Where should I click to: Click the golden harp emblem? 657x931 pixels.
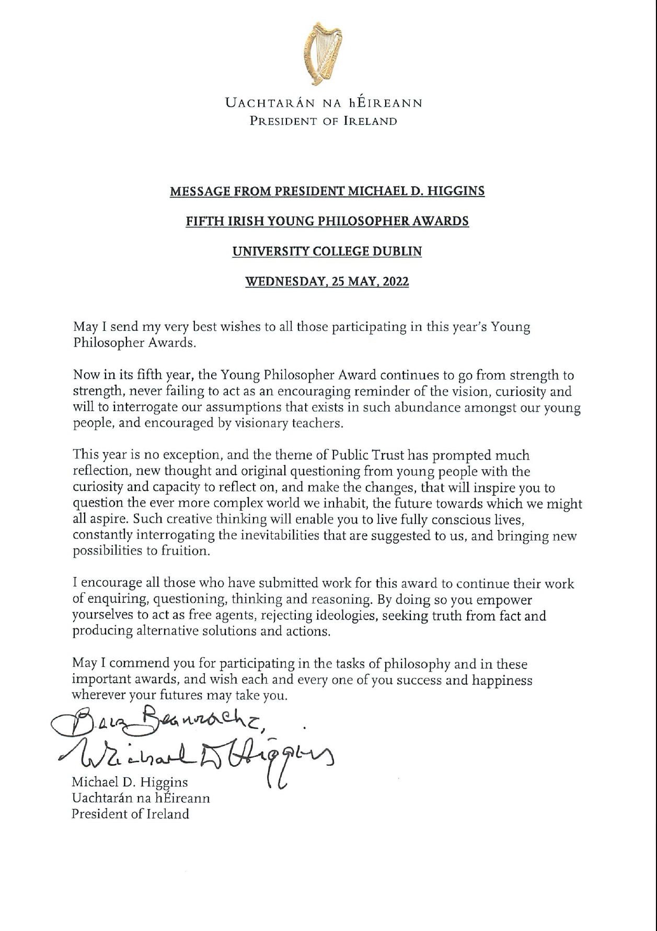pyautogui.click(x=322, y=54)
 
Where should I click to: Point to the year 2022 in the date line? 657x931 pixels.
pyautogui.click(x=396, y=282)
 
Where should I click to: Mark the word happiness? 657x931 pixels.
pyautogui.click(x=502, y=681)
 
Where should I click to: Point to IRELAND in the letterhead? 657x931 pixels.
pyautogui.click(x=370, y=121)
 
